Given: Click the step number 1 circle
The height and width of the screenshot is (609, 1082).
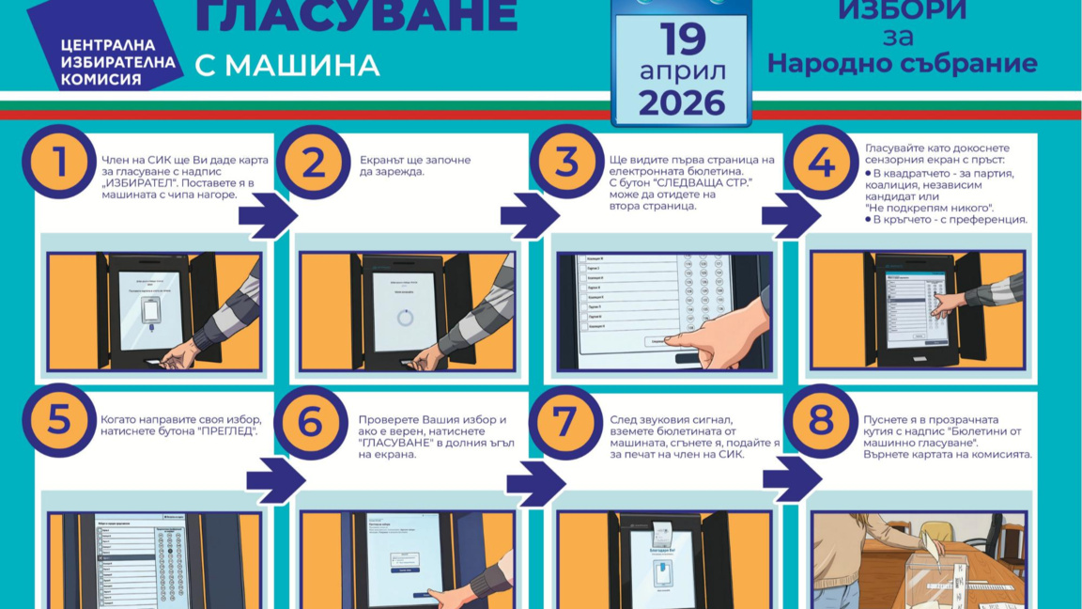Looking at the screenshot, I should [59, 161].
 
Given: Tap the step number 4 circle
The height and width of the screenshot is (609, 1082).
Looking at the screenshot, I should [820, 161].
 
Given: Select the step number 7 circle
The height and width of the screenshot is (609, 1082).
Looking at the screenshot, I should [565, 422].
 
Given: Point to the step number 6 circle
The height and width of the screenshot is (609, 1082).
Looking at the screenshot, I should [311, 422].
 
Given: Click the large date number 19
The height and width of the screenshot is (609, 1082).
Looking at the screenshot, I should [682, 39].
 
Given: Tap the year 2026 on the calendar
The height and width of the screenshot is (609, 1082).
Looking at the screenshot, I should [682, 101].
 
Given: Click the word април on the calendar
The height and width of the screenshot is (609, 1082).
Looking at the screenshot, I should [682, 71].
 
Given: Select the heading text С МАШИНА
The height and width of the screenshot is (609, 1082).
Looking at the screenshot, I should [287, 65].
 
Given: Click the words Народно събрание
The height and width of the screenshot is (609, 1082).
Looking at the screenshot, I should [902, 63].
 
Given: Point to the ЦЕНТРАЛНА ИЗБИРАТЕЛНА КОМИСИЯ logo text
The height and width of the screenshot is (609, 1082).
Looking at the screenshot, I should [119, 62].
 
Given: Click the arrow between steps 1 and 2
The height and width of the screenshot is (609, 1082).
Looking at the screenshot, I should [267, 215].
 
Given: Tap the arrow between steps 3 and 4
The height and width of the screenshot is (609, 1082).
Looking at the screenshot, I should [784, 215].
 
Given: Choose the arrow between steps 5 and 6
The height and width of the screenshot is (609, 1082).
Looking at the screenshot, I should [274, 480].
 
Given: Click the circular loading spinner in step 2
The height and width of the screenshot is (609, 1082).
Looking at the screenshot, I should [405, 317].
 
